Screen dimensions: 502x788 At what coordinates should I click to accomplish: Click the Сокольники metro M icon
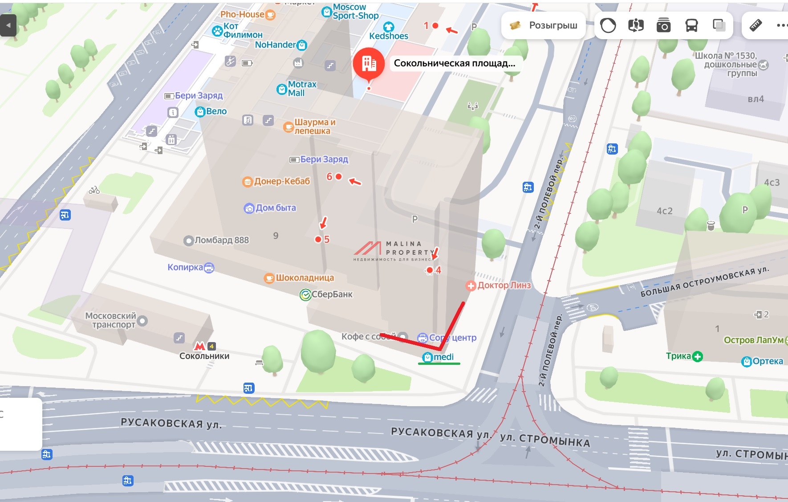click(x=199, y=346)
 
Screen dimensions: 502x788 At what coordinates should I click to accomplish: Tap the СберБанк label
click(x=332, y=294)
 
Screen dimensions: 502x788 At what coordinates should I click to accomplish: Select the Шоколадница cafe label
click(x=305, y=278)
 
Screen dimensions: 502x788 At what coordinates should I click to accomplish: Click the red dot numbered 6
click(x=338, y=177)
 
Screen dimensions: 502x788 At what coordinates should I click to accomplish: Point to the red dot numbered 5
click(x=318, y=240)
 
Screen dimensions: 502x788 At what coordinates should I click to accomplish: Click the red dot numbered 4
click(x=430, y=270)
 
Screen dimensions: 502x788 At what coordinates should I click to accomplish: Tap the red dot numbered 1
click(x=435, y=26)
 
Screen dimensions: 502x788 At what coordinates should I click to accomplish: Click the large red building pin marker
click(x=369, y=64)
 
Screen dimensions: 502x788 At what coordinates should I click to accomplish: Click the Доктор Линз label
click(x=504, y=286)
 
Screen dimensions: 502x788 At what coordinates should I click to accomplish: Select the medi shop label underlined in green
click(x=443, y=357)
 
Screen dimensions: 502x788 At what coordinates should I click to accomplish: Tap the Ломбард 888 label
click(x=221, y=241)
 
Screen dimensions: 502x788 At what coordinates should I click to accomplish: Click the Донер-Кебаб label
click(x=282, y=181)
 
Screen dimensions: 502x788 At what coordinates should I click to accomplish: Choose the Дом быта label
click(x=275, y=208)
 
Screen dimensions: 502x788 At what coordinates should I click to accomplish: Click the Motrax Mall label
click(x=302, y=89)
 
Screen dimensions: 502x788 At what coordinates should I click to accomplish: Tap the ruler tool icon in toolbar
click(x=756, y=25)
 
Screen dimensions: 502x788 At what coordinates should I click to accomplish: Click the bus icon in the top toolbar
click(x=691, y=25)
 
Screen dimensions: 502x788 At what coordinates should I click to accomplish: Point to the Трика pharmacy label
click(x=678, y=356)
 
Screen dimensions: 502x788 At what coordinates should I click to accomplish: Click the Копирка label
click(x=185, y=267)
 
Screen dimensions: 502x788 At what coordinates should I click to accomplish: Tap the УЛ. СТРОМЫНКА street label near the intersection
click(x=545, y=440)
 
